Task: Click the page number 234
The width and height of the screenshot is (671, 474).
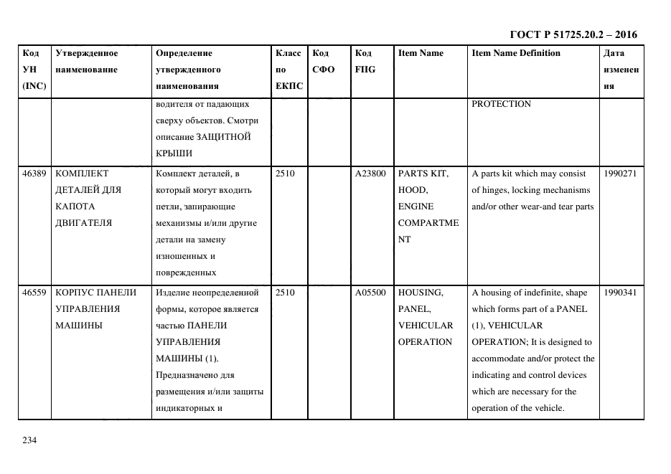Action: click(29, 440)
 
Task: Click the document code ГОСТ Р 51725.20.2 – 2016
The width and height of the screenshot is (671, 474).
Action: click(573, 34)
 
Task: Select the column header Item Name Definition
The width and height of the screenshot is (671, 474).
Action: click(515, 53)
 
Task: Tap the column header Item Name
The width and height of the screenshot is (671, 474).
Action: click(421, 53)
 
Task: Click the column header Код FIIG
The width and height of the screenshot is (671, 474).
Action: click(365, 62)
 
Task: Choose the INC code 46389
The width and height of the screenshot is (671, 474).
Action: click(34, 174)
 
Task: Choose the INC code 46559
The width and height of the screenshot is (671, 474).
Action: click(34, 293)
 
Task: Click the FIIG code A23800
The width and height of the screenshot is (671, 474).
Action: click(370, 174)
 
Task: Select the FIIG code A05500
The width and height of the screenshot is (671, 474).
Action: click(370, 293)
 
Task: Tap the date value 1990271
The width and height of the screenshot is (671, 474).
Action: click(621, 174)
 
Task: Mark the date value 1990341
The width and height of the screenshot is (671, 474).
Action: click(621, 293)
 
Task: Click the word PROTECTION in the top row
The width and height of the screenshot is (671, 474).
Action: click(501, 104)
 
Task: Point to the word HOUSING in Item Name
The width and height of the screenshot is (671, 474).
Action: click(421, 293)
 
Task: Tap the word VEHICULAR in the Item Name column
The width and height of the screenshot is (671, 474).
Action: click(426, 326)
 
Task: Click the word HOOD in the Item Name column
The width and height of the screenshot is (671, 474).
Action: click(413, 190)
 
